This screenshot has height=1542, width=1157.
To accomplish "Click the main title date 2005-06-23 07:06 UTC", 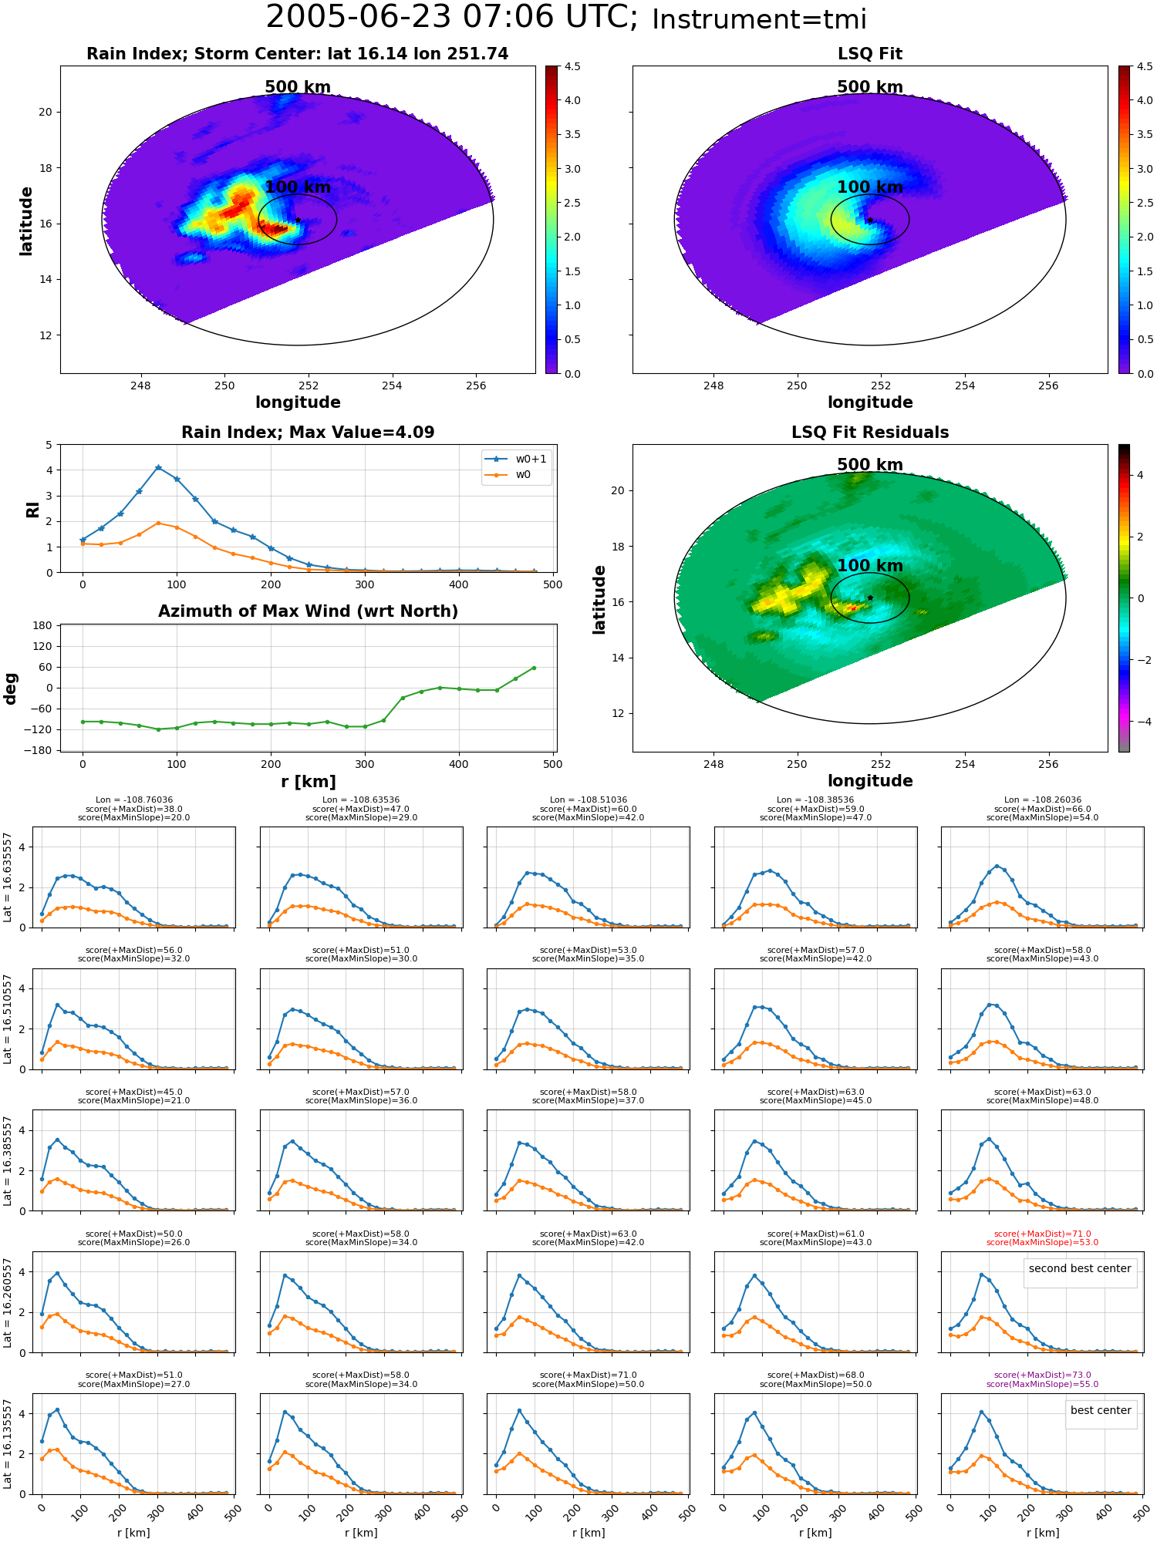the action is [452, 17].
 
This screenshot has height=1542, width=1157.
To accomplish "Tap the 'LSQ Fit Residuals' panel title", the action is [870, 433].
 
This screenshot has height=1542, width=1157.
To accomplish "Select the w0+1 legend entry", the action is [516, 459].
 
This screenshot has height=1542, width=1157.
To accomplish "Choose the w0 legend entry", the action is [508, 475].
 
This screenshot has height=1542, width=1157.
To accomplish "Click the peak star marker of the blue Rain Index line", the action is [158, 467].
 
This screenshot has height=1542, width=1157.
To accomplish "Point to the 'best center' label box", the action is [1101, 1410].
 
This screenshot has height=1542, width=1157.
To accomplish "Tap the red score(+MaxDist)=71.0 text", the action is [1042, 1234].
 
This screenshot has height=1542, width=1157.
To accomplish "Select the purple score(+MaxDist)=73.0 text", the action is [1042, 1375].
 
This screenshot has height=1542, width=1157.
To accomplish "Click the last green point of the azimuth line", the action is [534, 668].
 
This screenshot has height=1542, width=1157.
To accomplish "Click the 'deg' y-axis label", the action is [11, 689].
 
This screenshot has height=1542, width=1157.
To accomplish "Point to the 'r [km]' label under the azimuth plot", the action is [309, 782].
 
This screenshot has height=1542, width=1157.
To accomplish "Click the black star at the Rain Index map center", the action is [298, 220].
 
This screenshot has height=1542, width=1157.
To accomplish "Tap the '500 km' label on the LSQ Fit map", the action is [870, 87].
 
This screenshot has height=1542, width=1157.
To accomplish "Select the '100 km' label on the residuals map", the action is [870, 566].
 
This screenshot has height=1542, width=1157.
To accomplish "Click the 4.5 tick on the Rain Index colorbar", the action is [572, 66].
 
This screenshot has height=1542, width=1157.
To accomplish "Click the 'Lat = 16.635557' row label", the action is [8, 877].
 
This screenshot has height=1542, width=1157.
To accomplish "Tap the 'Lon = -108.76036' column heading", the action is [134, 800].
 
